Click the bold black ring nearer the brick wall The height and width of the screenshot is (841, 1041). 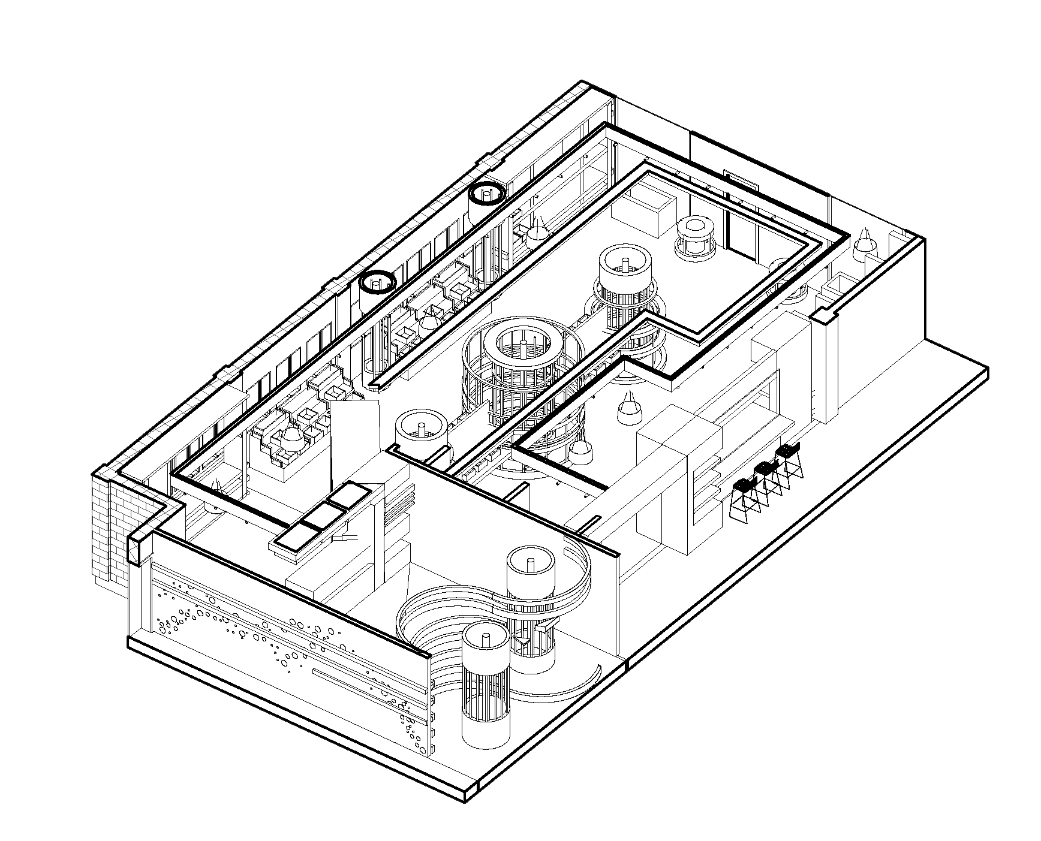[x=377, y=281]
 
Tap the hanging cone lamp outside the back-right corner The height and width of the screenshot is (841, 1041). [x=866, y=243]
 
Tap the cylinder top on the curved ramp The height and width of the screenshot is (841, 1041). [x=531, y=569]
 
